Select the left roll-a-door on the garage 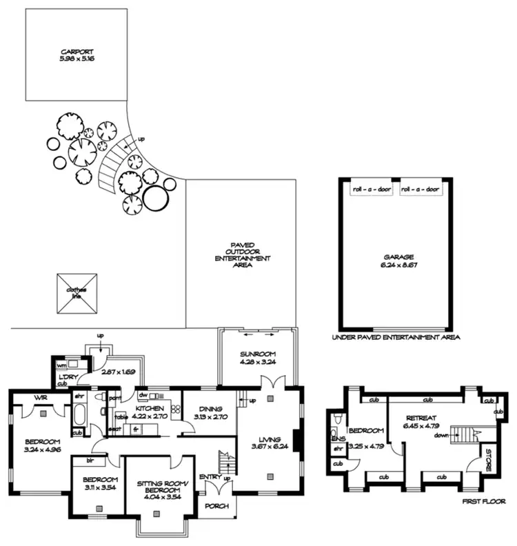[x=373, y=189]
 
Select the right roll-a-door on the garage [x=419, y=189]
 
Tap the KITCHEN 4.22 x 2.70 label [x=151, y=410]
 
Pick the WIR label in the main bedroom [x=39, y=398]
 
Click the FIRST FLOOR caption [x=483, y=502]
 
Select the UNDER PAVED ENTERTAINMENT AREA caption [x=396, y=338]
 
